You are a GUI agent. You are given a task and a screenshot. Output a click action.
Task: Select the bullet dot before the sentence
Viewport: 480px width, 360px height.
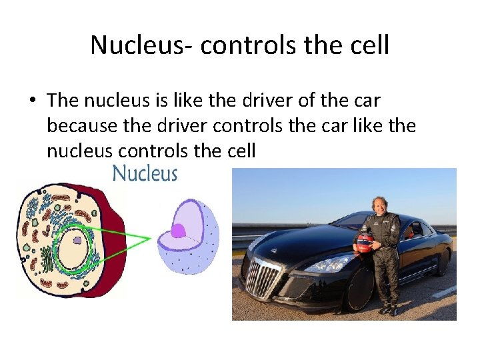31,101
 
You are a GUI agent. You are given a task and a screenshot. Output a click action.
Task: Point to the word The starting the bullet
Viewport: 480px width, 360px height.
63,101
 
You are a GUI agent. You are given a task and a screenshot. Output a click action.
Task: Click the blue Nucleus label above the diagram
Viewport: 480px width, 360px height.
145,174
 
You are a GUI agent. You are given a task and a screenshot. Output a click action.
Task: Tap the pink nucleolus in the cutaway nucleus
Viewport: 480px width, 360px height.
178,231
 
